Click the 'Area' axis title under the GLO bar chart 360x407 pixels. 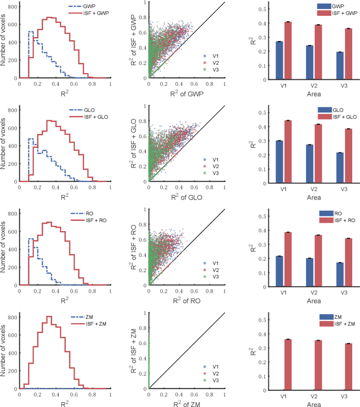pyautogui.click(x=314, y=197)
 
